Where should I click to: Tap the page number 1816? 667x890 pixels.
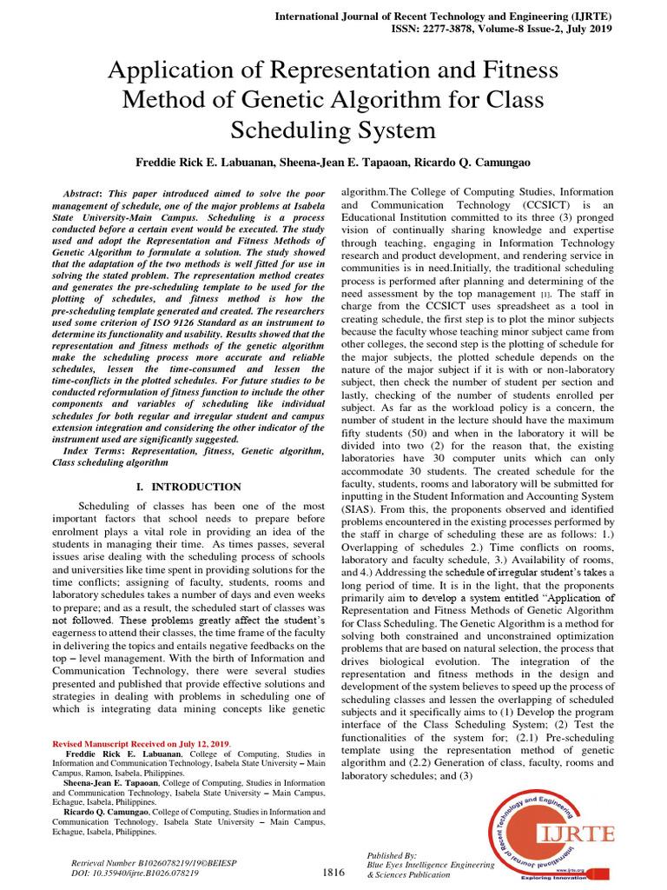click(x=334, y=871)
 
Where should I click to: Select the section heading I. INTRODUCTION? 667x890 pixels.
click(x=188, y=487)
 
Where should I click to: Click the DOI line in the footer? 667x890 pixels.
click(x=134, y=873)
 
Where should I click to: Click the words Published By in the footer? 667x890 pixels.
click(x=392, y=856)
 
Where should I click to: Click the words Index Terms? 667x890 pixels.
click(x=93, y=451)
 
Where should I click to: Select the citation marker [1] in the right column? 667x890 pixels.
click(x=545, y=296)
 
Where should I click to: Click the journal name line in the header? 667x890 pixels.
click(x=443, y=15)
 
